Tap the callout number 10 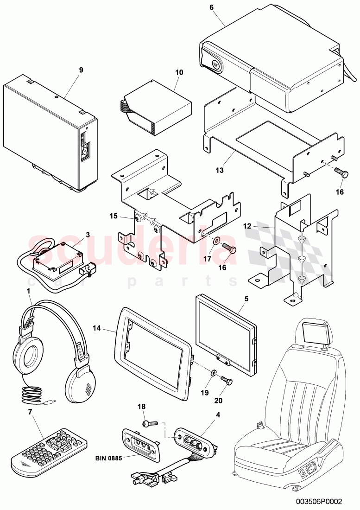pos(179,73)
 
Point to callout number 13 pos(220,170)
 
